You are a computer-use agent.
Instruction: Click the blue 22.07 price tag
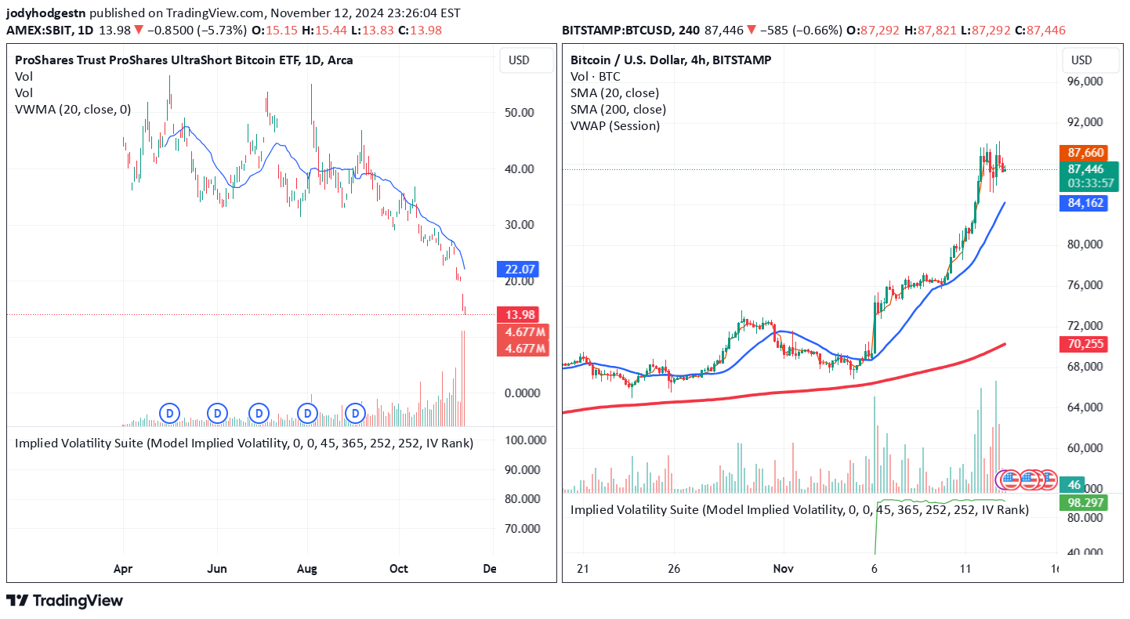click(x=516, y=270)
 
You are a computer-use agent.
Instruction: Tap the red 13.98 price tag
click(x=516, y=315)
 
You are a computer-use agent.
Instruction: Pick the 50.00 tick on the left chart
click(x=518, y=112)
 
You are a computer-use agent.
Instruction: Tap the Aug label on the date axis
click(x=307, y=569)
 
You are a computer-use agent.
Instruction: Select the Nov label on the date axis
click(x=784, y=569)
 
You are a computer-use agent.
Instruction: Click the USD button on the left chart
click(x=519, y=60)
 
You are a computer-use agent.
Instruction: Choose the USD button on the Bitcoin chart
click(x=1081, y=60)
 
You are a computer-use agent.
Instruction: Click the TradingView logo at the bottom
click(x=65, y=601)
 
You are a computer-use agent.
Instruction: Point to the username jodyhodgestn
click(x=47, y=13)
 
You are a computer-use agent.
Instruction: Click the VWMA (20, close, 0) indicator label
click(x=73, y=110)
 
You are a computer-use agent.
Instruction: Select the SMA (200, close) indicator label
click(x=618, y=110)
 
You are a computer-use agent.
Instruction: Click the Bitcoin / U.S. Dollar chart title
click(x=670, y=60)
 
